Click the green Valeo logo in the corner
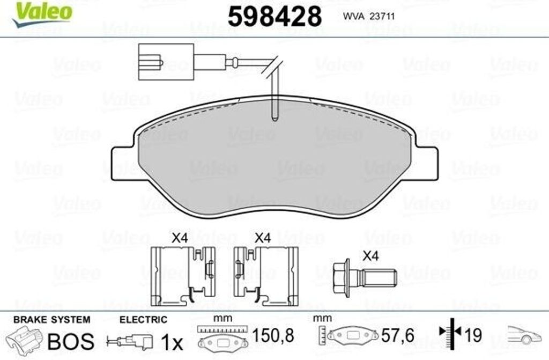pyautogui.click(x=42, y=13)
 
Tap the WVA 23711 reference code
pyautogui.click(x=369, y=16)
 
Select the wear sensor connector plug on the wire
pyautogui.click(x=166, y=62)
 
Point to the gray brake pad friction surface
pyautogui.click(x=274, y=158)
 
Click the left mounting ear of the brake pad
pyautogui.click(x=123, y=163)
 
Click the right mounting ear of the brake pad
pyautogui.click(x=425, y=164)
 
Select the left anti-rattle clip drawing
pyautogui.click(x=183, y=276)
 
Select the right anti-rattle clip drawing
pyautogui.click(x=266, y=276)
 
